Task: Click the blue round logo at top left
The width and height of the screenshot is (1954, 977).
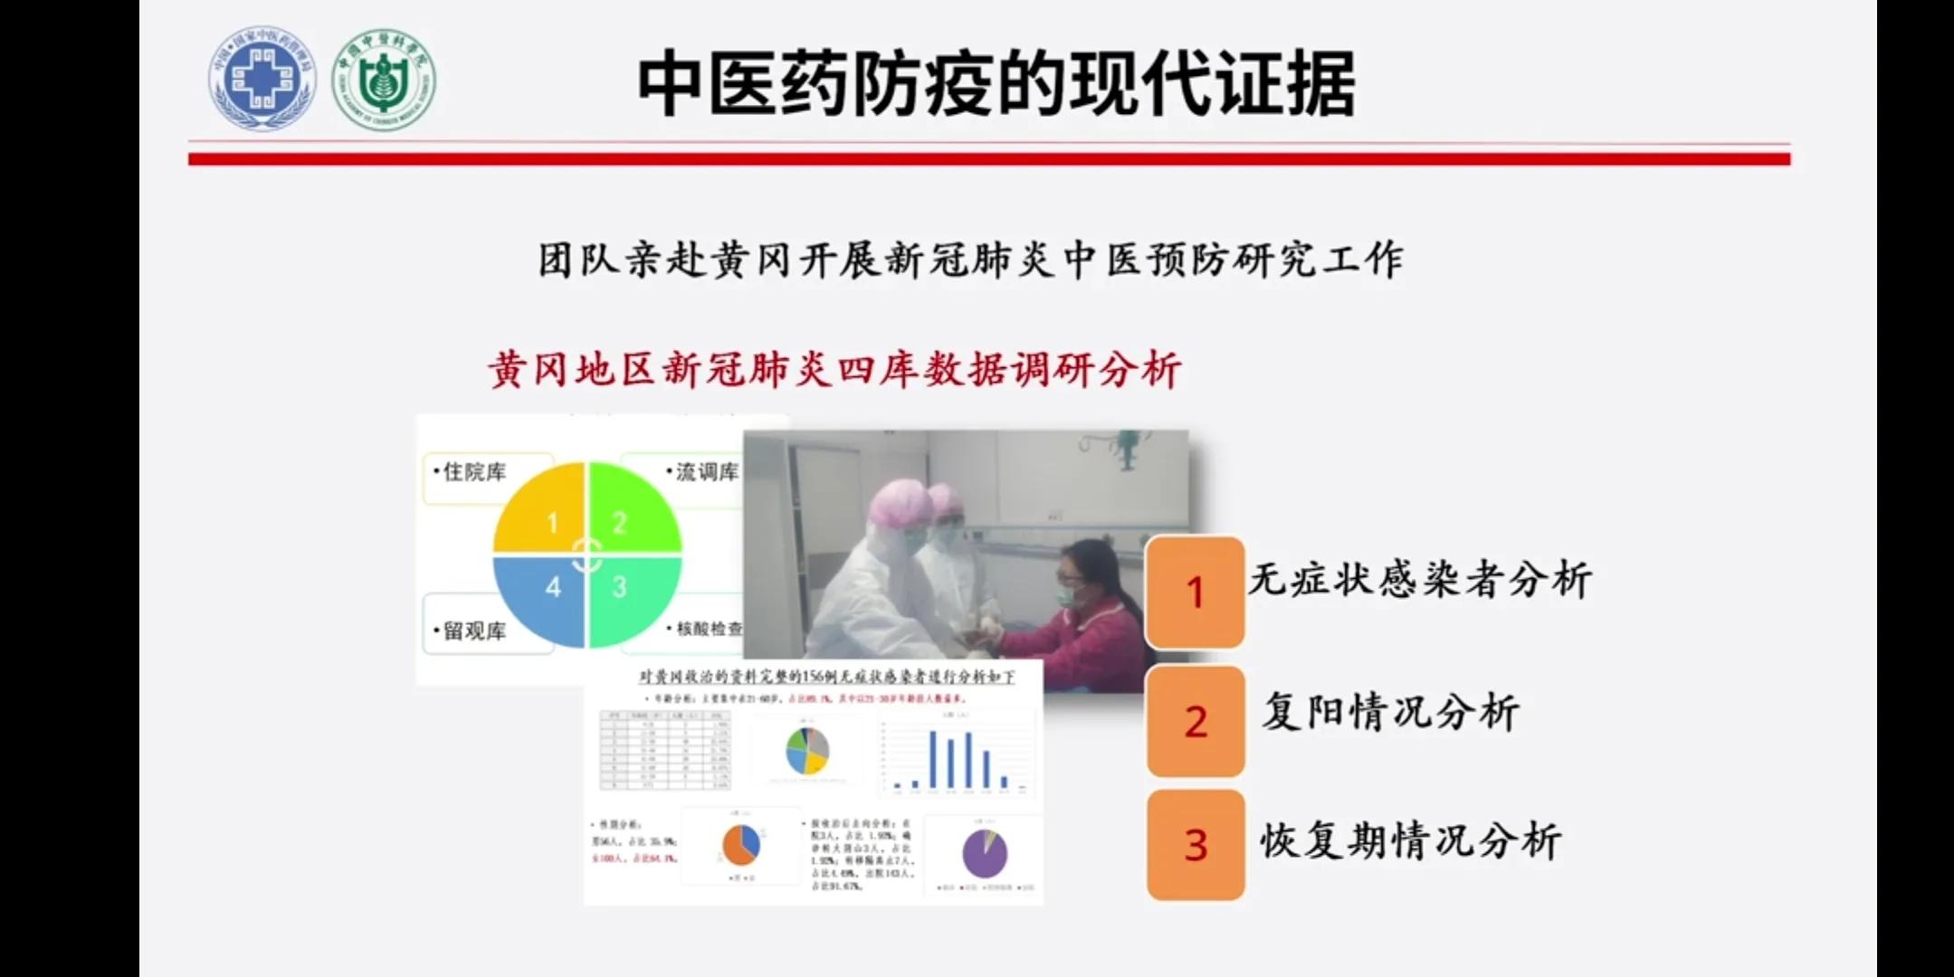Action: coord(262,79)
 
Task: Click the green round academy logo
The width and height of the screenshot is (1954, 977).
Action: coord(384,79)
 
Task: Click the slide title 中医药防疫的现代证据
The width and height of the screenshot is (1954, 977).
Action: coord(996,83)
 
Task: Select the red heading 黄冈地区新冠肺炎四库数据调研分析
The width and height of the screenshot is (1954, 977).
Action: coord(834,370)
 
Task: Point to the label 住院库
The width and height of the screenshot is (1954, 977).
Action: coord(473,472)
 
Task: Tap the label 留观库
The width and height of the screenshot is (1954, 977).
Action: coord(473,631)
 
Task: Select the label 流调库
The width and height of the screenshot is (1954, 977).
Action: coord(706,472)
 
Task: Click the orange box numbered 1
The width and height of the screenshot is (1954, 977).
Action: coord(1195,593)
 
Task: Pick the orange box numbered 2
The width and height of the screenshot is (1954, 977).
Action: coord(1195,721)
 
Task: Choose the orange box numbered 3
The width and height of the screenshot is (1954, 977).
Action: coord(1195,844)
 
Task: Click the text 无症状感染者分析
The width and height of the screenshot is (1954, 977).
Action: coord(1419,580)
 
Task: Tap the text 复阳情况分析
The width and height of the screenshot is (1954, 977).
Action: coord(1390,712)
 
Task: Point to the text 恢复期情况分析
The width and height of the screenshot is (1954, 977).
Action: coord(1410,841)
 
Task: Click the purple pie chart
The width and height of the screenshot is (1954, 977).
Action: coord(985,853)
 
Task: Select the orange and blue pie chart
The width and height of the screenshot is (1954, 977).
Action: coord(741,846)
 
